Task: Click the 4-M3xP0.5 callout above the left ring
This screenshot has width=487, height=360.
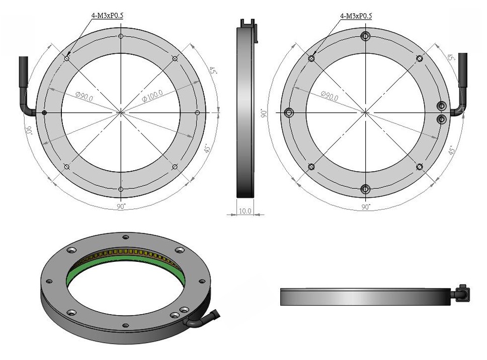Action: [108, 15]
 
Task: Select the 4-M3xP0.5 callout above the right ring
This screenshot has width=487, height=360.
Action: [356, 16]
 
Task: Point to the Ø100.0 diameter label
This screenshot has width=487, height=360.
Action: [152, 96]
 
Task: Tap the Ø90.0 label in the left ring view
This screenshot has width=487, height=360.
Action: [84, 96]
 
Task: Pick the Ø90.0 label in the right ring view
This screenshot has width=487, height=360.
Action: [330, 96]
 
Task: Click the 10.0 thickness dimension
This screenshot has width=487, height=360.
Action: [245, 211]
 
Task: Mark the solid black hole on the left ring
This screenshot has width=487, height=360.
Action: [44, 112]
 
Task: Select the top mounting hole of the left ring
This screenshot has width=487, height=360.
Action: [121, 36]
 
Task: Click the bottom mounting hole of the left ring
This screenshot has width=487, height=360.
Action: [121, 189]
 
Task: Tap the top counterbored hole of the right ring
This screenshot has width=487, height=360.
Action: [366, 36]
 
